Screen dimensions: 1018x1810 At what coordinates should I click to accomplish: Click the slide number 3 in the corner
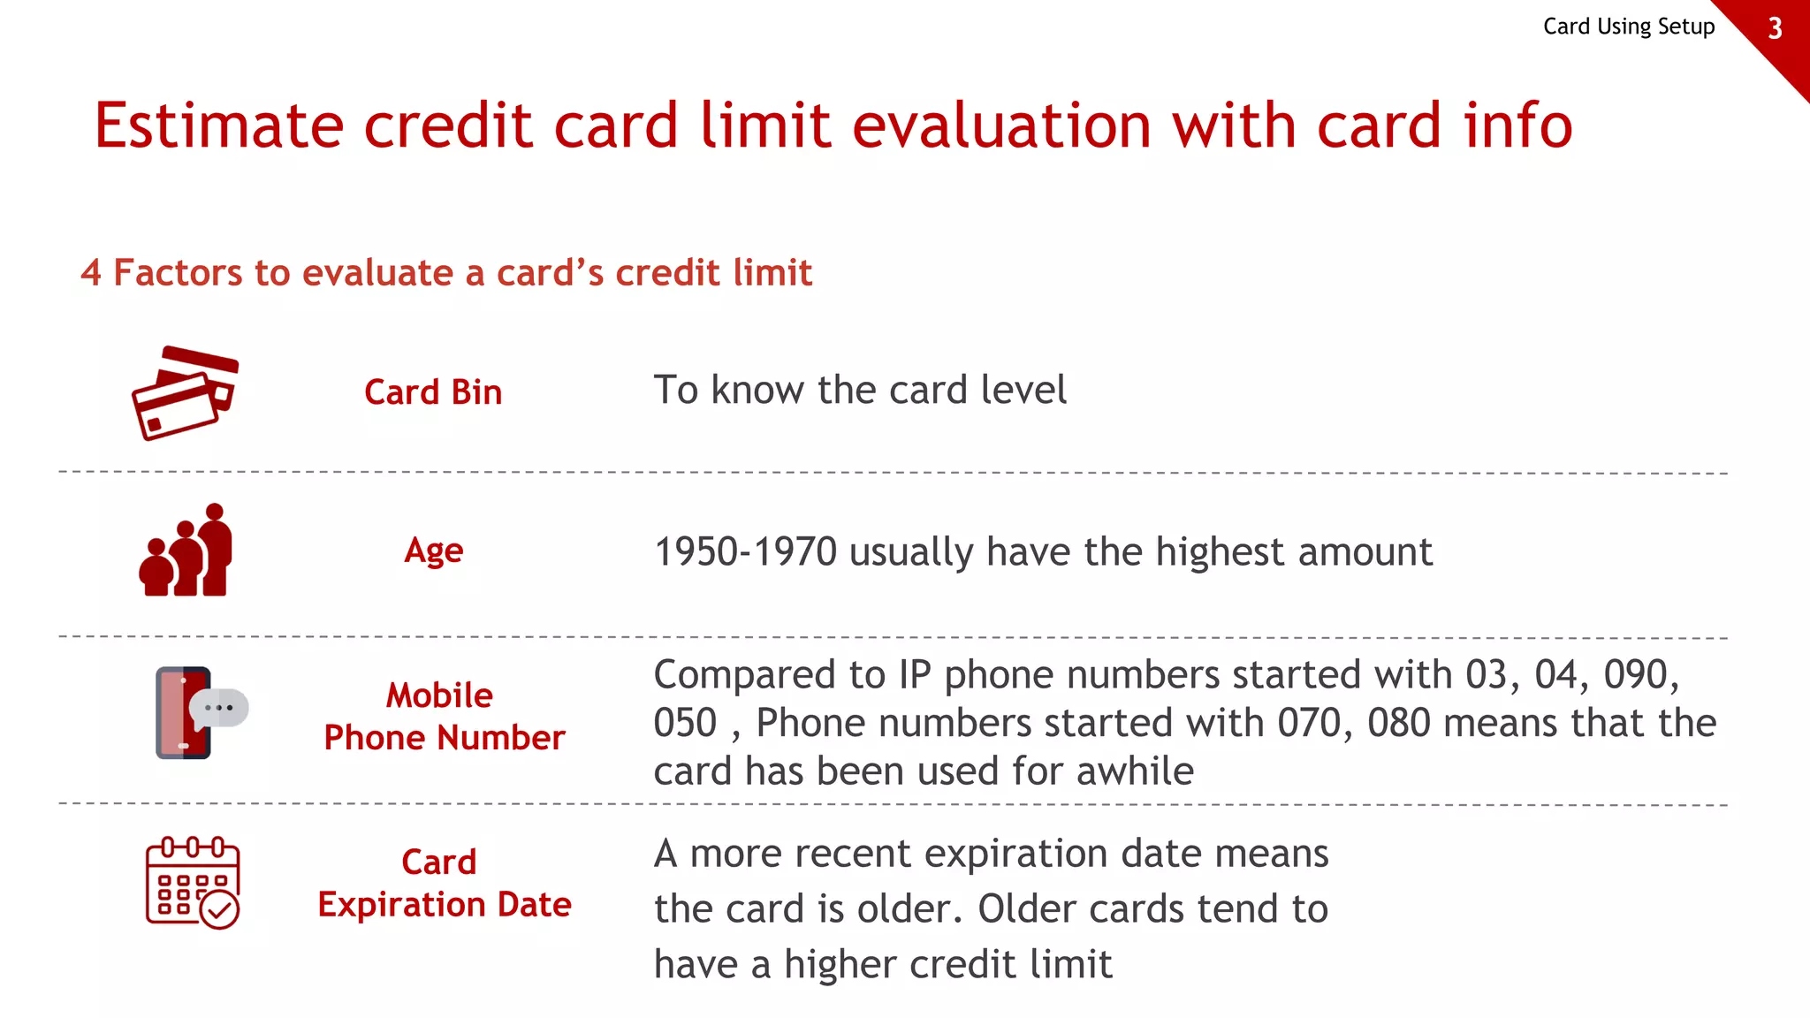[1775, 28]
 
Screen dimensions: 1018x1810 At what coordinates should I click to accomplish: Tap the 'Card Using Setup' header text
[1628, 27]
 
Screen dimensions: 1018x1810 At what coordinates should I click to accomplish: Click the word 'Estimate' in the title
[218, 125]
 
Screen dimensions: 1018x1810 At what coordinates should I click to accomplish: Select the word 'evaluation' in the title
[1001, 125]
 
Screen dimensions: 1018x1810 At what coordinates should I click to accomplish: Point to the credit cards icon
[186, 393]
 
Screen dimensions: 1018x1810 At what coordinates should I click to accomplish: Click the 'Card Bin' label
[433, 392]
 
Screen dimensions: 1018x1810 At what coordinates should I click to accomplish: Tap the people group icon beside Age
[186, 551]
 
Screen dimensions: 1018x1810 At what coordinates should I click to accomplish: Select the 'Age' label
[433, 551]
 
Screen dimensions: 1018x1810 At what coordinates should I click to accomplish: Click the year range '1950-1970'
[745, 552]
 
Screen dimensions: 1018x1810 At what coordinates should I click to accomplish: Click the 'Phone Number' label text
[444, 738]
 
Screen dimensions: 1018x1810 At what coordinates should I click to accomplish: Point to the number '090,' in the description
[1641, 675]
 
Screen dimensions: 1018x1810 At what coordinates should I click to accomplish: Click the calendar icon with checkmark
[192, 883]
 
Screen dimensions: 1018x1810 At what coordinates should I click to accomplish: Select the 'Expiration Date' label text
[444, 905]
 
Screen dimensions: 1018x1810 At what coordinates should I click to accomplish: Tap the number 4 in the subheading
[90, 273]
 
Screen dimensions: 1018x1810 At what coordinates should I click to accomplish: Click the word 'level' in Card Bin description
[1025, 391]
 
